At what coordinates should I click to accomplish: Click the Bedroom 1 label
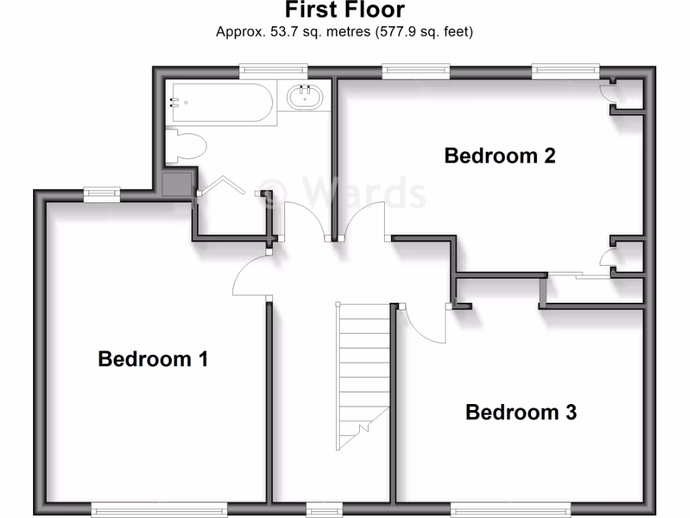152,359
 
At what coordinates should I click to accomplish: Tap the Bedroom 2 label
500,156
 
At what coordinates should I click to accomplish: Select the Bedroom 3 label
521,412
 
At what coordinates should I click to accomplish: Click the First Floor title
344,10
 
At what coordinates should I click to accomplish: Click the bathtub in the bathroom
220,103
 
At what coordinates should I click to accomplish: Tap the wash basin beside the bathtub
305,98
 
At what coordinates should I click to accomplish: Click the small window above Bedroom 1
102,194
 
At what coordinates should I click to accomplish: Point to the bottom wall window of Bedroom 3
510,511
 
